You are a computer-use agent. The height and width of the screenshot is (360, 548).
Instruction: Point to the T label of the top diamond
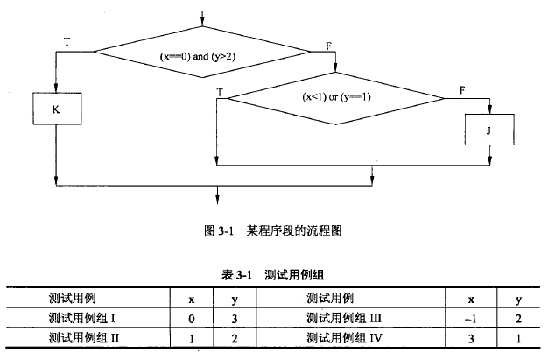(x=67, y=41)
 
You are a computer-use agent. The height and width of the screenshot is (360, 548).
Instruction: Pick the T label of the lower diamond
(x=219, y=90)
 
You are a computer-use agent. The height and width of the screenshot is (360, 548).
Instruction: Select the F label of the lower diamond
(x=461, y=90)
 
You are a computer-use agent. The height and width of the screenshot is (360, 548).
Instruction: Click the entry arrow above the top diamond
(x=203, y=18)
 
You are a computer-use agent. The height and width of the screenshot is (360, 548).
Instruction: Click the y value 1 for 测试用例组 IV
(x=517, y=336)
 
